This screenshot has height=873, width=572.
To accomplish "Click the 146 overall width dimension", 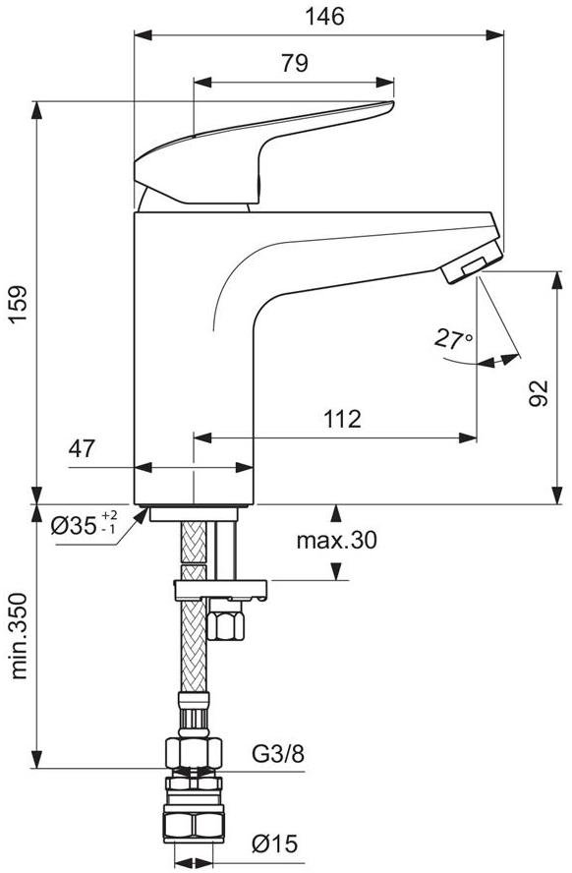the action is click(x=324, y=16).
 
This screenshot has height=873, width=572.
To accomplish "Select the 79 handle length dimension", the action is click(x=294, y=63).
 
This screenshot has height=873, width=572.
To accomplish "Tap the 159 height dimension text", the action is click(x=18, y=304).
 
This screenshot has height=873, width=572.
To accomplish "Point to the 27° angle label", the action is click(x=453, y=338).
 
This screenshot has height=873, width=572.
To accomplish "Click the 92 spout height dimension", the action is click(x=538, y=393).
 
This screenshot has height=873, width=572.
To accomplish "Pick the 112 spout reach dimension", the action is click(x=342, y=419).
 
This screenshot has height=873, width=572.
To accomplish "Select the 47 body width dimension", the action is click(x=82, y=448).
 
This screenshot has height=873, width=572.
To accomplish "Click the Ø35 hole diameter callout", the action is click(x=85, y=523).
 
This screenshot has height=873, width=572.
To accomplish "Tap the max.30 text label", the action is click(x=337, y=540).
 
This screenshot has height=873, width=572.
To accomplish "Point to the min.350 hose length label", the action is click(x=19, y=636).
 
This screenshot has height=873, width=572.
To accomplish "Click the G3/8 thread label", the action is click(x=278, y=754).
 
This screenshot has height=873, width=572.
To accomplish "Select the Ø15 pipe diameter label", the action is click(x=275, y=844).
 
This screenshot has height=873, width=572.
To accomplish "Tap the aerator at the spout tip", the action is click(x=472, y=265).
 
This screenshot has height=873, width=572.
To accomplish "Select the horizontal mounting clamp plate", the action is click(x=220, y=590).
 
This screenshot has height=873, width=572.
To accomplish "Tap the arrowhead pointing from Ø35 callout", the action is click(x=141, y=515).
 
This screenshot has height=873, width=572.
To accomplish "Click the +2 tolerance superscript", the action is click(x=110, y=514).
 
